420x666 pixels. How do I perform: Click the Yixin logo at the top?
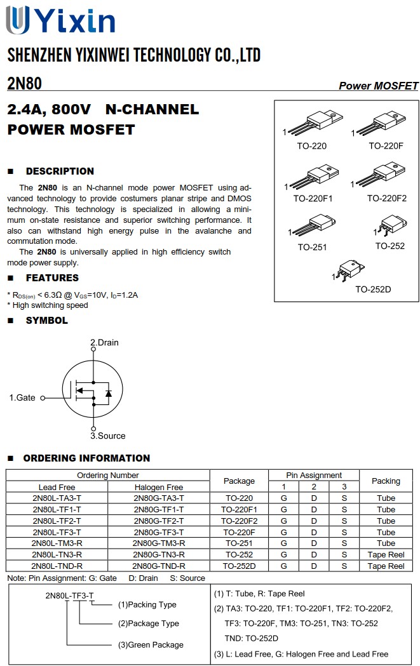click(x=60, y=20)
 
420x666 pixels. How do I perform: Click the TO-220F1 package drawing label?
click(x=313, y=198)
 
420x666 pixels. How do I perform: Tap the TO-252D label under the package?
click(x=373, y=290)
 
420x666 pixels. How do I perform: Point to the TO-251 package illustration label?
click(x=312, y=247)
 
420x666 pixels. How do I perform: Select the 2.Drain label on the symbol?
click(x=104, y=342)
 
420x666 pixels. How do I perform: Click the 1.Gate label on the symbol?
click(x=22, y=397)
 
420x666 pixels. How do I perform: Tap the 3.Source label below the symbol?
click(x=107, y=436)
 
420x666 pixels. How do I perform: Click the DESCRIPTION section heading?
click(x=60, y=171)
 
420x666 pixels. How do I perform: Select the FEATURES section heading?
click(x=52, y=278)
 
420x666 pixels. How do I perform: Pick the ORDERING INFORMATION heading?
click(x=86, y=458)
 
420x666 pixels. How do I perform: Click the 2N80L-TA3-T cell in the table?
click(x=57, y=498)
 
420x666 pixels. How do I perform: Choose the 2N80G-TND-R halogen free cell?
click(x=159, y=566)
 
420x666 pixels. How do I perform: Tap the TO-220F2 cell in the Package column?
click(x=239, y=521)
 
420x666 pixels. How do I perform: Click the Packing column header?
click(x=386, y=481)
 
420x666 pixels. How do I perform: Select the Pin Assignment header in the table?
click(x=314, y=475)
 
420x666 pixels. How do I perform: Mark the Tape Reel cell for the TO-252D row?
click(x=386, y=566)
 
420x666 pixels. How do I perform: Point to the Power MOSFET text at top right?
click(x=378, y=86)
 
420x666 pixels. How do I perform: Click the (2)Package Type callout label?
click(x=149, y=623)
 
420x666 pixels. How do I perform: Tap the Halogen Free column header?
click(x=159, y=487)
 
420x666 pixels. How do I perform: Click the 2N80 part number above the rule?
click(x=24, y=83)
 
